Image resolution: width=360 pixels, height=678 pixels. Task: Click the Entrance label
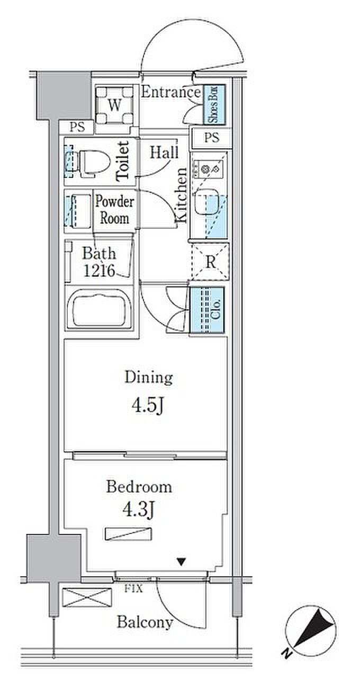coord(171,92)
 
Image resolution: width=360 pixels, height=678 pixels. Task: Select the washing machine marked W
coord(114,105)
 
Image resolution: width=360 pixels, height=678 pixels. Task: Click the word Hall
coord(164,152)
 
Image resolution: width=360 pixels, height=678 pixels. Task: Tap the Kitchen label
coord(182,195)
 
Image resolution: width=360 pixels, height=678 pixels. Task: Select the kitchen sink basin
coord(206,202)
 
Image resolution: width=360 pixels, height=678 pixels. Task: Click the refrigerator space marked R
coord(210,262)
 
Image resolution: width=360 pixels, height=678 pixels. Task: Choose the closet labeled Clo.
coord(207,311)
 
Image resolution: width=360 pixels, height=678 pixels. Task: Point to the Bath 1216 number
coord(99,271)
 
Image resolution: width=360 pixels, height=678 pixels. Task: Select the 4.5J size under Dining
coord(148,406)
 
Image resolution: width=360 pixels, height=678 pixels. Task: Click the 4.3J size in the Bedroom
coord(139,510)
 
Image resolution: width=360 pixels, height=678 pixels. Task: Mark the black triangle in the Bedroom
coord(181,562)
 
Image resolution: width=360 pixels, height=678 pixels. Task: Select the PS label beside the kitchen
coord(211,138)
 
